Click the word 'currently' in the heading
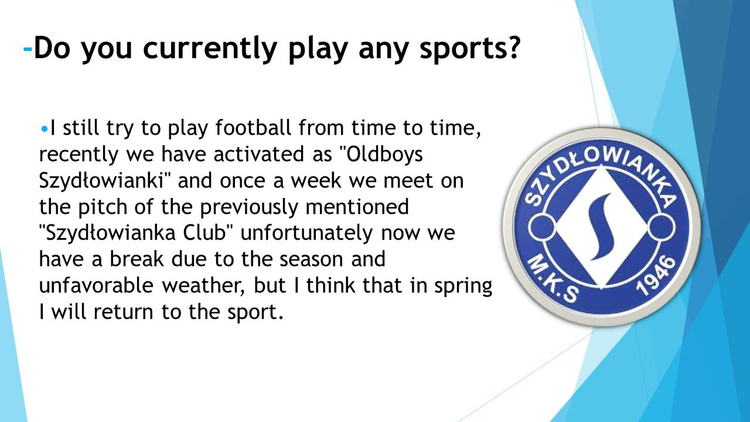tap(210, 48)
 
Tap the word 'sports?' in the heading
tap(469, 49)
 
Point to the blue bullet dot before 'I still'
tap(44, 128)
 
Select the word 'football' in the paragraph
tap(253, 128)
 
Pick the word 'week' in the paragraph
tap(316, 180)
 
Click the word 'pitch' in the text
tap(103, 207)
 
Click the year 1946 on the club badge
tap(655, 276)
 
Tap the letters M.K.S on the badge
tap(553, 280)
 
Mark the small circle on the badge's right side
tap(662, 227)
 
